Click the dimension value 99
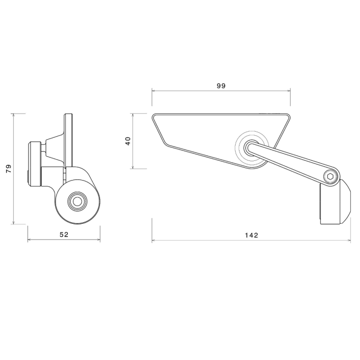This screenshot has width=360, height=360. (221, 86)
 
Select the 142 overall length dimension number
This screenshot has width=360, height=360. (251, 236)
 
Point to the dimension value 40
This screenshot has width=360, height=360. (128, 141)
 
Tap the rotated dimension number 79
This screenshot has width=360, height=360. (8, 169)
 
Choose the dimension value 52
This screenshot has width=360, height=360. (63, 235)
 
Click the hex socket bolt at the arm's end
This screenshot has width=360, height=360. (330, 177)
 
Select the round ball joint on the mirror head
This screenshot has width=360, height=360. (249, 146)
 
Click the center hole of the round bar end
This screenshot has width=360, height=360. (77, 201)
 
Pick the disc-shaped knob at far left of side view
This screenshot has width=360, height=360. (34, 164)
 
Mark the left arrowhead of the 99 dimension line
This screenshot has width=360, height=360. (153, 90)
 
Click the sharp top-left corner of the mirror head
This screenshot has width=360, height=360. (153, 115)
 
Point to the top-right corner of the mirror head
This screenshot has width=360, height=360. (289, 115)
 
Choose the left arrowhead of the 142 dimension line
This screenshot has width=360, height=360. (153, 241)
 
